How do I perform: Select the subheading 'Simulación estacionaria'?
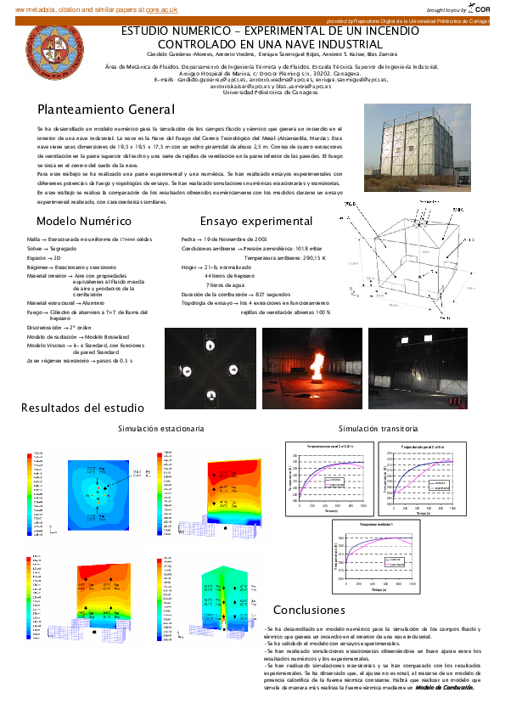coord(160,429)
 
